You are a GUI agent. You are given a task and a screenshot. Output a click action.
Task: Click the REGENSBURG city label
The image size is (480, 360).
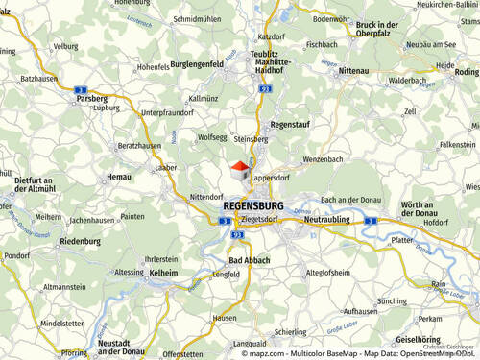[252, 205]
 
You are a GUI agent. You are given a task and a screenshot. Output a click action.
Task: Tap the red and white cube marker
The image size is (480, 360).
[240, 171]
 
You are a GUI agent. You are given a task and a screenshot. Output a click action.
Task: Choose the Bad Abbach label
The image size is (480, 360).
[250, 260]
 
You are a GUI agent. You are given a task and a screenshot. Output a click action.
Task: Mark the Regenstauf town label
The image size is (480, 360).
[292, 124]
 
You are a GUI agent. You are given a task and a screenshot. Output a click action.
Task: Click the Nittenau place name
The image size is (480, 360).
[354, 71]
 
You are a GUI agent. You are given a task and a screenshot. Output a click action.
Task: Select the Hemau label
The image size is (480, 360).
[118, 177]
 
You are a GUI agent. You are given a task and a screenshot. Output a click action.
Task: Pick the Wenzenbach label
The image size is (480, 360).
[322, 158]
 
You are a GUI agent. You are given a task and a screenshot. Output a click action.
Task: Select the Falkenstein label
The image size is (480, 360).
[456, 144]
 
